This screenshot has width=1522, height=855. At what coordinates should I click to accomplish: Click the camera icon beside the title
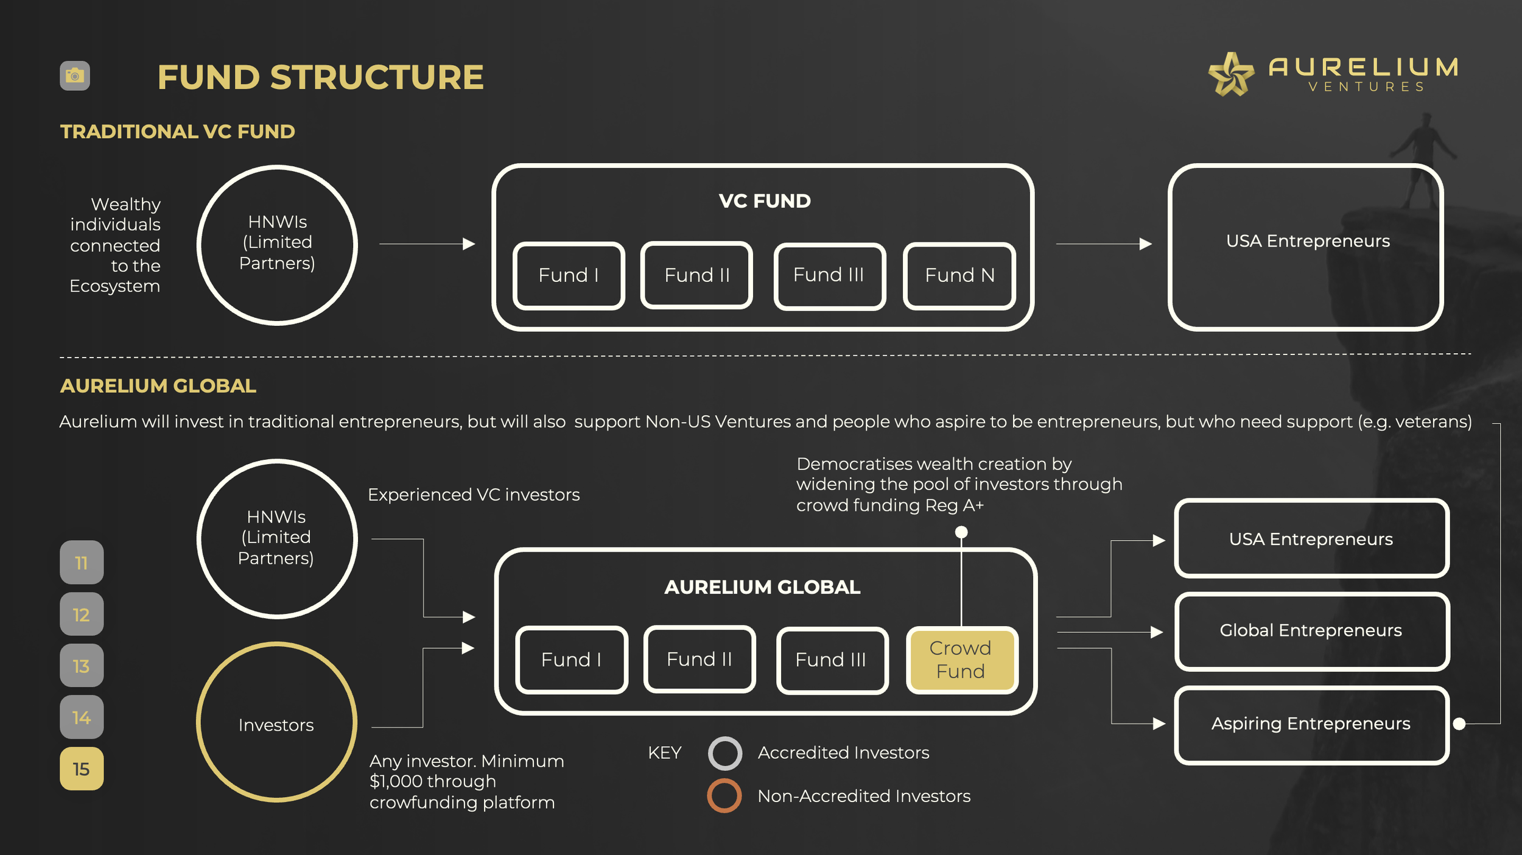click(75, 76)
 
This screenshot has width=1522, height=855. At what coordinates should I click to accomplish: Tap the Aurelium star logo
click(1230, 74)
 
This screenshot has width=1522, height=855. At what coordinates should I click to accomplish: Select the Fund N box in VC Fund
click(959, 276)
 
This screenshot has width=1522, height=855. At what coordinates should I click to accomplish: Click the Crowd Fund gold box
click(961, 660)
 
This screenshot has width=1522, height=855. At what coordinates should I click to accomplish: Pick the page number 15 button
click(82, 769)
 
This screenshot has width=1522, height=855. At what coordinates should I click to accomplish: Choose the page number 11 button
click(82, 562)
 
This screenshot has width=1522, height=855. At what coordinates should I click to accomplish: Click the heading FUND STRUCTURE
click(320, 77)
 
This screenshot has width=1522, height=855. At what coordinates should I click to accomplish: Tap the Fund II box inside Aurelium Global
click(700, 659)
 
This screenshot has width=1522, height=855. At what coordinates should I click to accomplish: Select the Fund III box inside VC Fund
click(830, 276)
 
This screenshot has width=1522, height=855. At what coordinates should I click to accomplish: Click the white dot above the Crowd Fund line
click(961, 532)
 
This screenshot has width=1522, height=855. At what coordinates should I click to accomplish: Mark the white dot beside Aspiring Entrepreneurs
click(1459, 723)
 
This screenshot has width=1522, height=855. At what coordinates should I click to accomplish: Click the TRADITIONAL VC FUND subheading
click(178, 132)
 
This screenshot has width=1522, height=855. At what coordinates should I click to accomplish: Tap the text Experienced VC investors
click(474, 494)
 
